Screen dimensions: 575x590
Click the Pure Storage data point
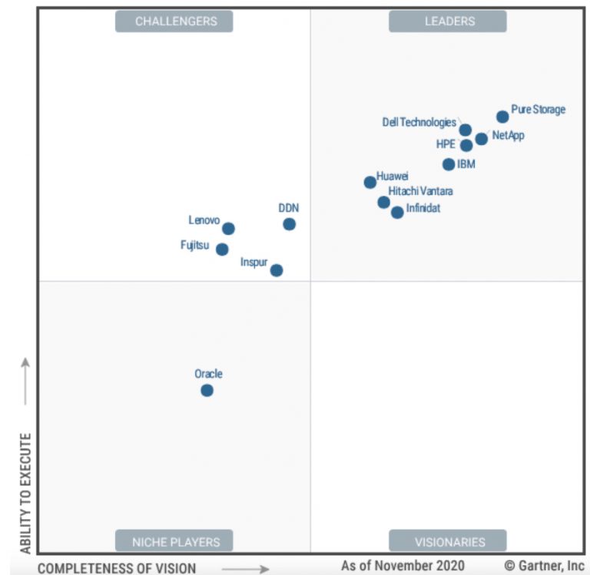[502, 117]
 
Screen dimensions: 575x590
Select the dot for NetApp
[481, 139]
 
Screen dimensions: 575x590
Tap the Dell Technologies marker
[466, 130]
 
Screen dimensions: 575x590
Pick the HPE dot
[466, 145]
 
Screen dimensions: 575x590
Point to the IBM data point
[449, 164]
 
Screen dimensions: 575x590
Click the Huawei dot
[370, 182]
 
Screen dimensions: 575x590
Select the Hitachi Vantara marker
[383, 202]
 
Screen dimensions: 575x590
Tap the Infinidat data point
[397, 213]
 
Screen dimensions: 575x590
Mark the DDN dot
[289, 224]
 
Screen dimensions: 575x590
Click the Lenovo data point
[228, 229]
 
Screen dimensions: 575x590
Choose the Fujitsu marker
[222, 249]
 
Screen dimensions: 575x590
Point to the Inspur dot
[277, 270]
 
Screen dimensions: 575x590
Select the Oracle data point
[207, 390]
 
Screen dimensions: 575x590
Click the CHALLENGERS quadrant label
[174, 21]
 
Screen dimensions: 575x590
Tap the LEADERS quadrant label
[448, 21]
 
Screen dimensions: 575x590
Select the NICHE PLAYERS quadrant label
[174, 541]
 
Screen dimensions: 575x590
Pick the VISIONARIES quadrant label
[448, 541]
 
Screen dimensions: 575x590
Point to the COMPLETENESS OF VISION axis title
[117, 568]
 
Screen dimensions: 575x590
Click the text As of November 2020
[403, 566]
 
